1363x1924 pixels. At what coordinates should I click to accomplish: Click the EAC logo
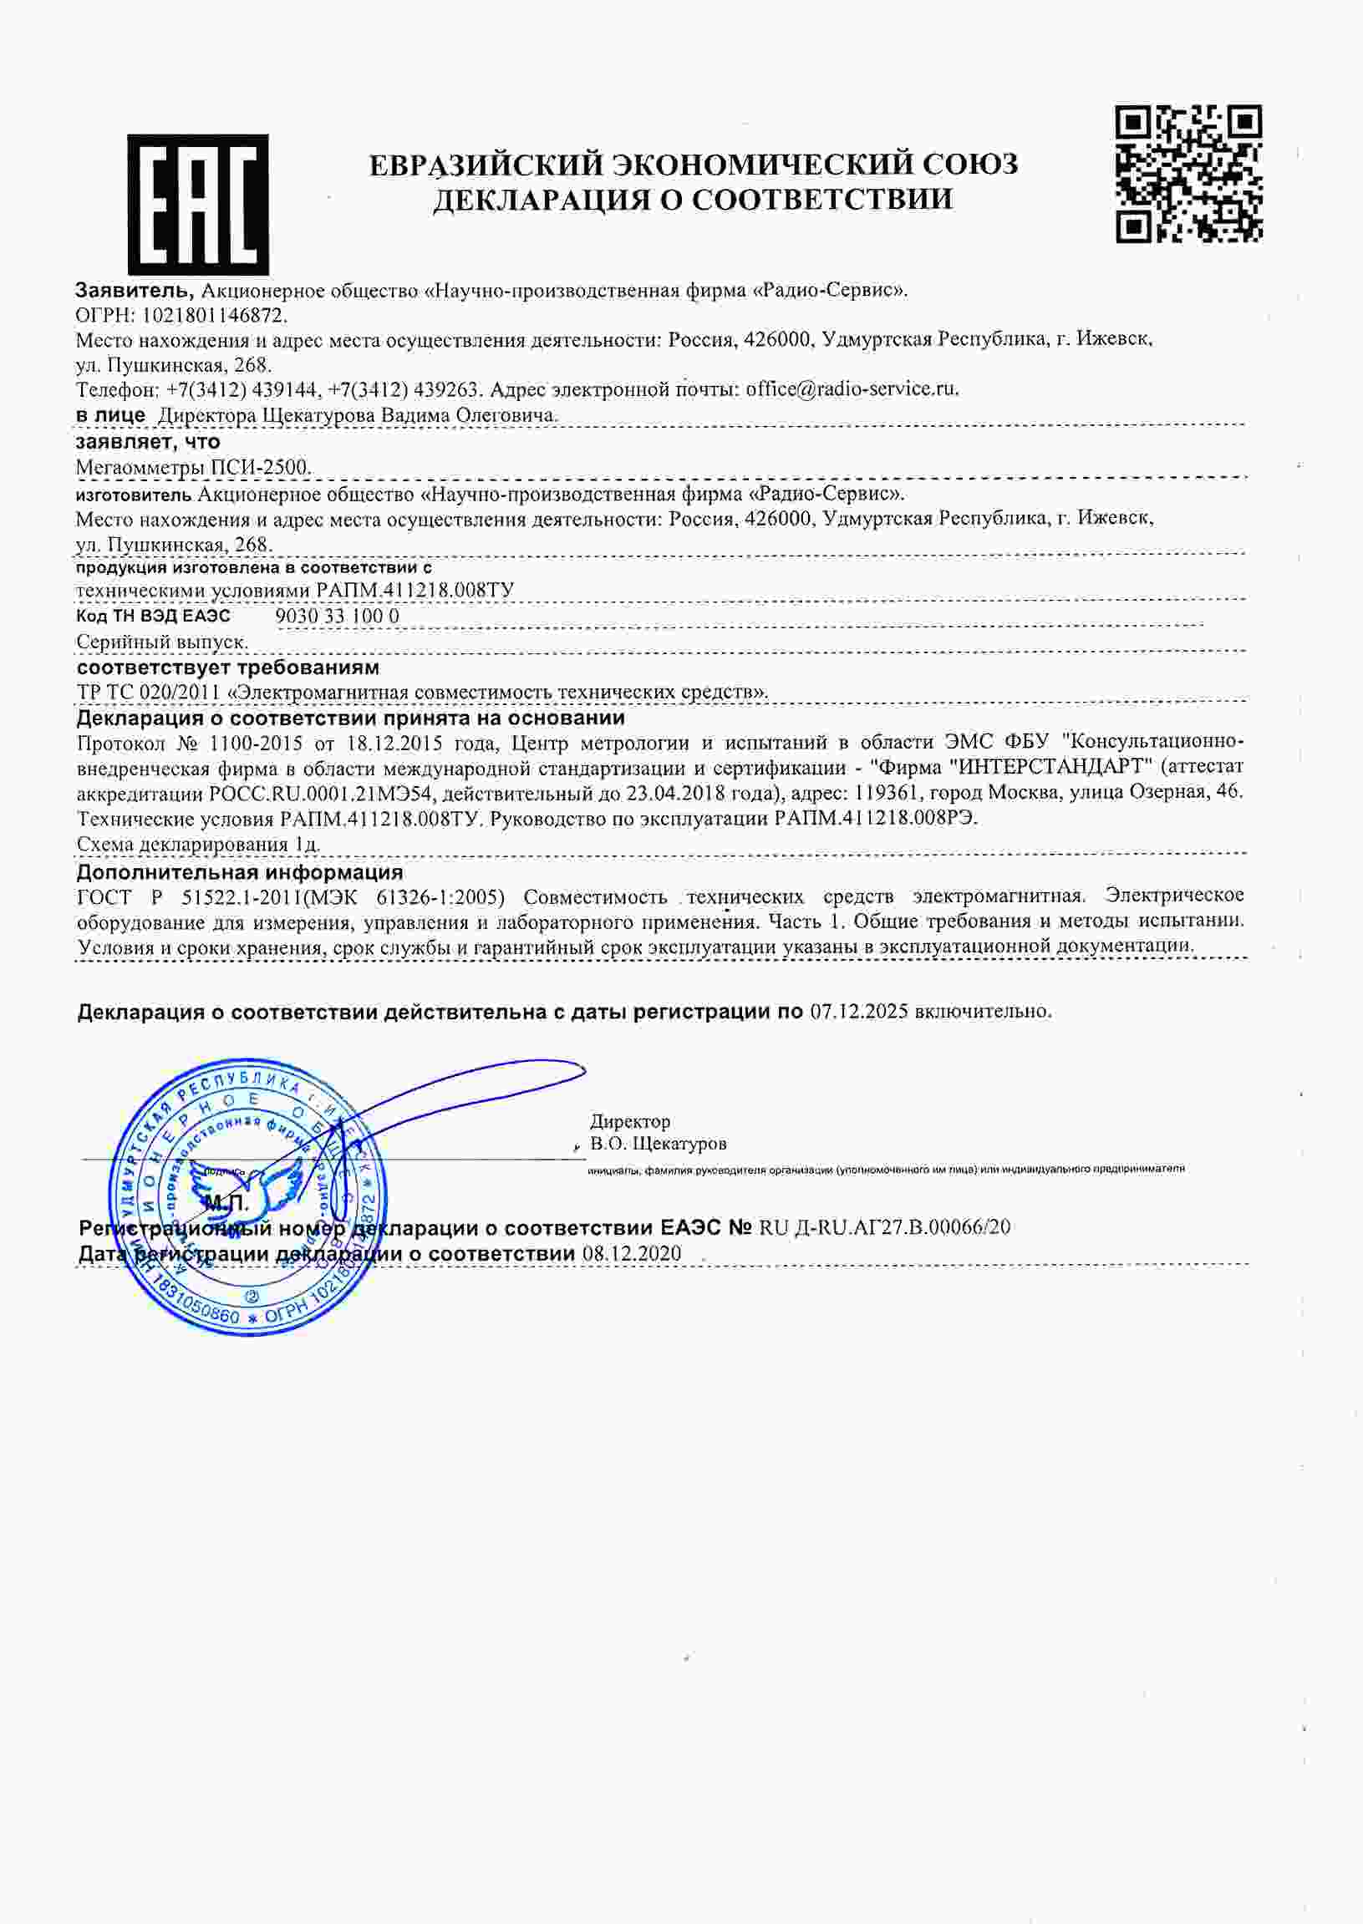click(x=198, y=205)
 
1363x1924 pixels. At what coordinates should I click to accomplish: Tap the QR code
click(x=1188, y=174)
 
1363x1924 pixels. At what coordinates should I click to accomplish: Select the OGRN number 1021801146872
click(x=215, y=316)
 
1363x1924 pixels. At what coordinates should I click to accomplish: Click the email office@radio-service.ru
click(x=851, y=388)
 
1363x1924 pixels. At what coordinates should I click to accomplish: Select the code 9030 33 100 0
click(x=338, y=616)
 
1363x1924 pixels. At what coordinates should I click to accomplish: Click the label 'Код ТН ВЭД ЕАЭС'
click(x=153, y=616)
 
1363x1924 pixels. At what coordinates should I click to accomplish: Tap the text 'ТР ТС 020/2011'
click(x=149, y=693)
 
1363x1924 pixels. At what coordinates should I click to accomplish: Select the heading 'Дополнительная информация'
click(x=239, y=873)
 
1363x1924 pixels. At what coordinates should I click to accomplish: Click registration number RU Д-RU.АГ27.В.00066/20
click(x=885, y=1227)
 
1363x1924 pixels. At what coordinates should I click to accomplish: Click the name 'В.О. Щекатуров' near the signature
click(x=658, y=1143)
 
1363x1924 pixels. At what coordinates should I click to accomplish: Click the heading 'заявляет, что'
click(x=148, y=441)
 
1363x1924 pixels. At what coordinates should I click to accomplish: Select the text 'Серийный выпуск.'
click(x=162, y=642)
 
